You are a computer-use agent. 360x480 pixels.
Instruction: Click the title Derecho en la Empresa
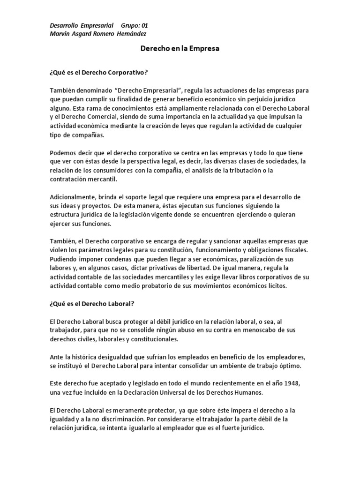click(x=180, y=48)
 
